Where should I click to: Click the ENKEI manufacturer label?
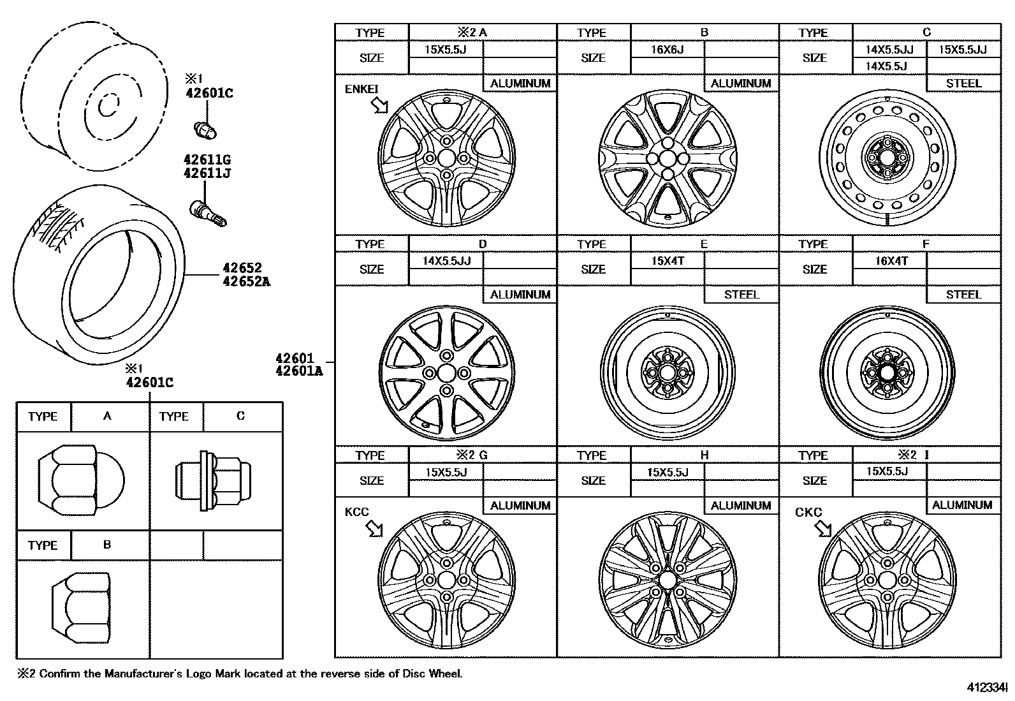361,89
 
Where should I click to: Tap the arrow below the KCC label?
374,528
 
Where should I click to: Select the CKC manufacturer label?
808,513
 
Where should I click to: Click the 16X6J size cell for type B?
667,49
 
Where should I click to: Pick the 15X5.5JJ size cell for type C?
963,49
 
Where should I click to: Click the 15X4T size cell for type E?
668,261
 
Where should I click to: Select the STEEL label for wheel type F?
963,295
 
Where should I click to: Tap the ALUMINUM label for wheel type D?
520,295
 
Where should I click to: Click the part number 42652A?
246,281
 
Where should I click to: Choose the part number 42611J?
207,173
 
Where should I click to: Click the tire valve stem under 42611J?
208,212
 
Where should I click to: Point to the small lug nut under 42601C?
205,129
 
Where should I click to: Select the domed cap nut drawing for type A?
81,480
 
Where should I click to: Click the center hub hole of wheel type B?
668,158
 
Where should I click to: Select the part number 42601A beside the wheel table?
299,371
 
